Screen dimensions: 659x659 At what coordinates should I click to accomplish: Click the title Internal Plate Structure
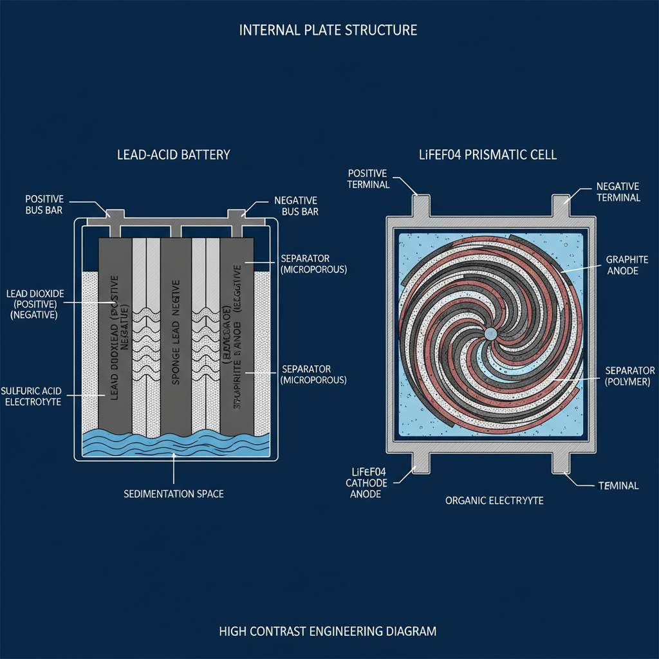(x=328, y=30)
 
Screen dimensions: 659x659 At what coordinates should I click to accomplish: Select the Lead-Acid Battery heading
(x=173, y=155)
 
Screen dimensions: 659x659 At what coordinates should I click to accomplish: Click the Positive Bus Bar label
(x=44, y=205)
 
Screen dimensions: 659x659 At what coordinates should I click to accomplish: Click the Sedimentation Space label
(x=173, y=494)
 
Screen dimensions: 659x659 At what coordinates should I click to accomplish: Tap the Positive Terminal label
(x=368, y=179)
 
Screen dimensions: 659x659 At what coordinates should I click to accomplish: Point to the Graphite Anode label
(x=622, y=265)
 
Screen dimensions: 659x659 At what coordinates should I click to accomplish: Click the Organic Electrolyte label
(x=494, y=500)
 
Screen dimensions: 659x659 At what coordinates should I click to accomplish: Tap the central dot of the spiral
(x=489, y=333)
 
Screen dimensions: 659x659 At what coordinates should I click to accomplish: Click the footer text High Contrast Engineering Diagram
(x=328, y=631)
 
